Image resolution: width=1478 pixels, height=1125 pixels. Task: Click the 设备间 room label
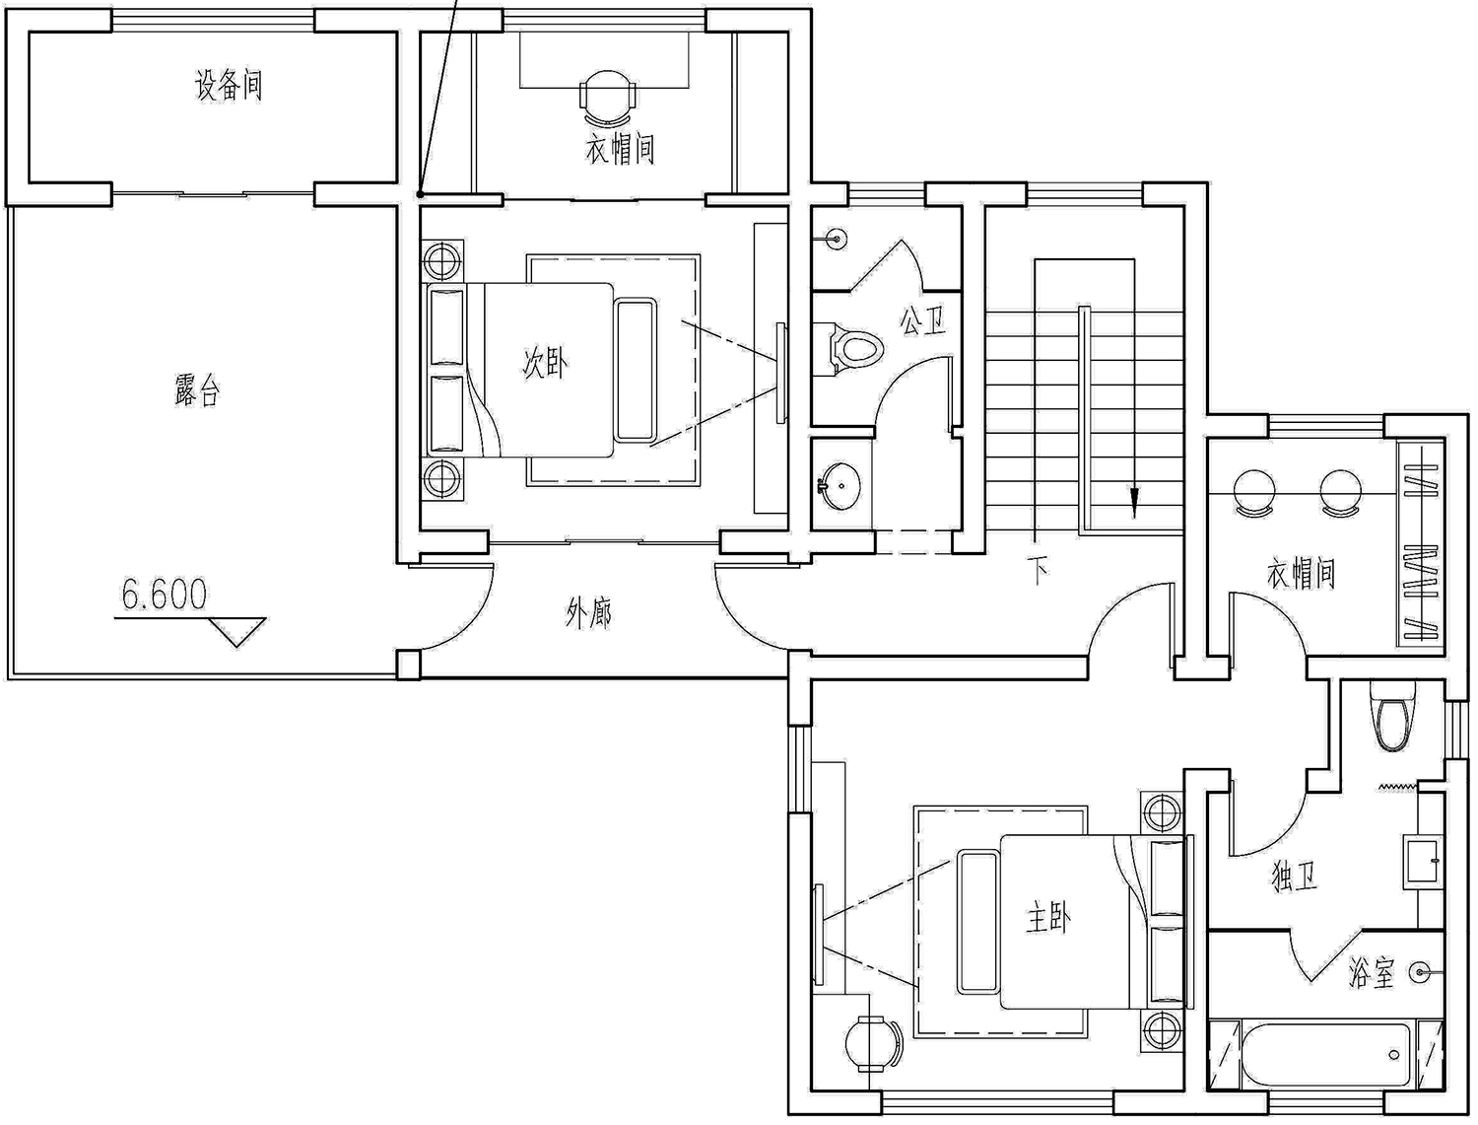[229, 86]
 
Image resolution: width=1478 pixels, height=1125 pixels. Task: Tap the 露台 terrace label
[197, 390]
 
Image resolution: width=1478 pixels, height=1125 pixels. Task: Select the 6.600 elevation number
[165, 595]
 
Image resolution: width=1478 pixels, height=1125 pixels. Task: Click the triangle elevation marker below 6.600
[236, 632]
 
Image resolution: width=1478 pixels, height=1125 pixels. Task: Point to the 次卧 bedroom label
[546, 363]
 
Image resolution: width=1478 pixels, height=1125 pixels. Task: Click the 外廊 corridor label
[588, 613]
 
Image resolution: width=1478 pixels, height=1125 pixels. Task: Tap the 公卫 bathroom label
[922, 321]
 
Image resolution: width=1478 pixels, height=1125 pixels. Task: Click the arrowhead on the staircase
[1134, 502]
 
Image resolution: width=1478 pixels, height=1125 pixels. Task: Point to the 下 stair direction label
[1039, 570]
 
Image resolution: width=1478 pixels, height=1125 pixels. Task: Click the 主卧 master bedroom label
[1047, 918]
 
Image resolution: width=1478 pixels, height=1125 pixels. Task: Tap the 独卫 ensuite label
[1294, 878]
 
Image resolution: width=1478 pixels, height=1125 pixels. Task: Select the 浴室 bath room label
[1371, 972]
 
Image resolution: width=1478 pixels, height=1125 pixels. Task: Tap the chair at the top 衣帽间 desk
[608, 99]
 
